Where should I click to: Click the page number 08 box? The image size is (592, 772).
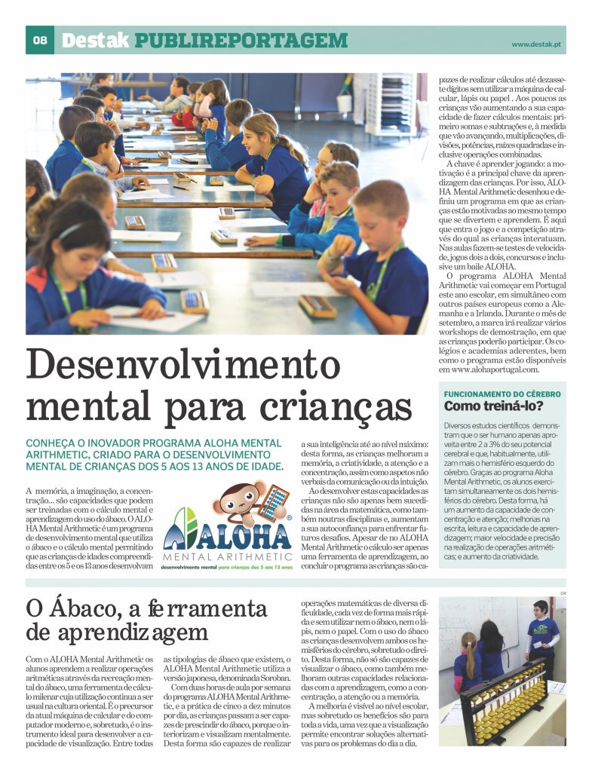click(39, 41)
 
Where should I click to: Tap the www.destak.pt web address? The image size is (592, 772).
click(538, 44)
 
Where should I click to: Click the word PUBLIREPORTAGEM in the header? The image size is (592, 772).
click(241, 41)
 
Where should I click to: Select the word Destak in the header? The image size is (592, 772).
click(95, 41)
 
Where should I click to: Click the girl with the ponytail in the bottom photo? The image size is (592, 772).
click(468, 660)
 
